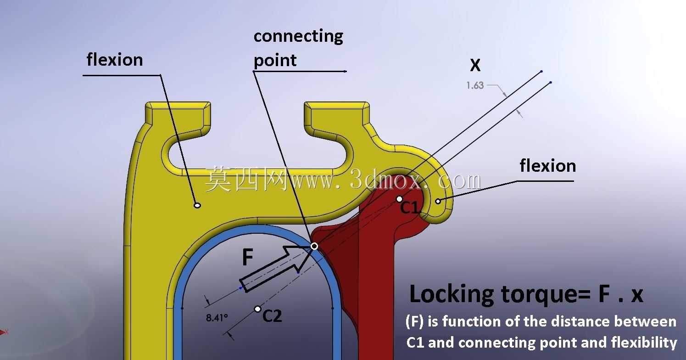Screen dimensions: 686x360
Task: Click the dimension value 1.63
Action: [475, 85]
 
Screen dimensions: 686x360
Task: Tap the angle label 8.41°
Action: [217, 318]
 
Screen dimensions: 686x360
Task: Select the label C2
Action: [272, 315]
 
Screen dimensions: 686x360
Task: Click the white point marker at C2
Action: [258, 309]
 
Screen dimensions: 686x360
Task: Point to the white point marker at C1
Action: [399, 199]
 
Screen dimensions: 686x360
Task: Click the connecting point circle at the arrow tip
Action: [314, 246]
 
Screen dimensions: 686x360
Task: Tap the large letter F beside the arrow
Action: [247, 257]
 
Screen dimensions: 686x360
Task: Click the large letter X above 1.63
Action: [475, 65]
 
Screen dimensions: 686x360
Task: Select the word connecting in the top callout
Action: [298, 36]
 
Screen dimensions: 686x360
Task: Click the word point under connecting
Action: [275, 60]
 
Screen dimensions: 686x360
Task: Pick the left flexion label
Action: [115, 60]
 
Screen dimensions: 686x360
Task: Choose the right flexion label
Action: [548, 166]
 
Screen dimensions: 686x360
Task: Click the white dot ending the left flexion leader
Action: [197, 205]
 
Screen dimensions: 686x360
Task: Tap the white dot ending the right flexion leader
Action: [438, 201]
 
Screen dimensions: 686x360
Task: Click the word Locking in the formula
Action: [452, 294]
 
